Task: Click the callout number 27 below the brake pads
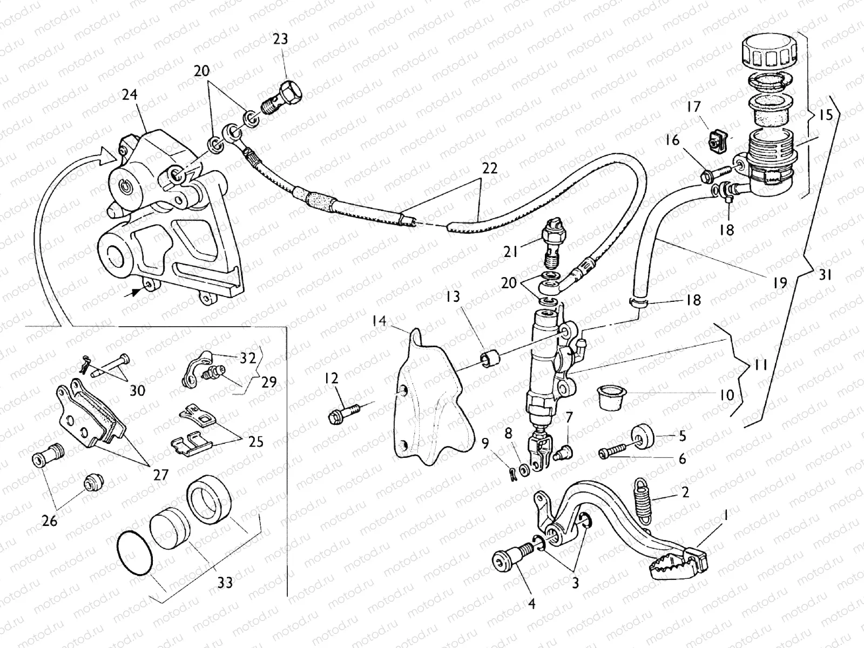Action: (x=160, y=475)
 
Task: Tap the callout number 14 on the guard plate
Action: (x=380, y=322)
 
